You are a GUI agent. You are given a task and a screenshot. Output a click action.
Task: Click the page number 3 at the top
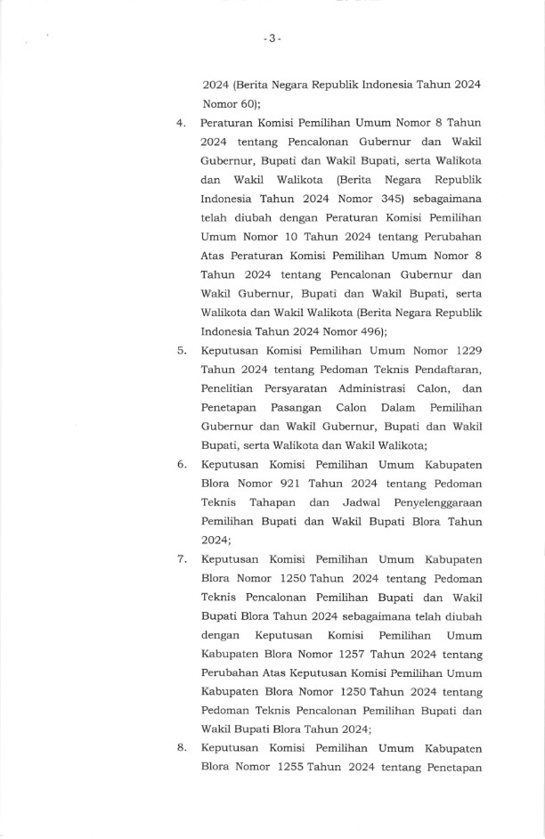(x=272, y=38)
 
